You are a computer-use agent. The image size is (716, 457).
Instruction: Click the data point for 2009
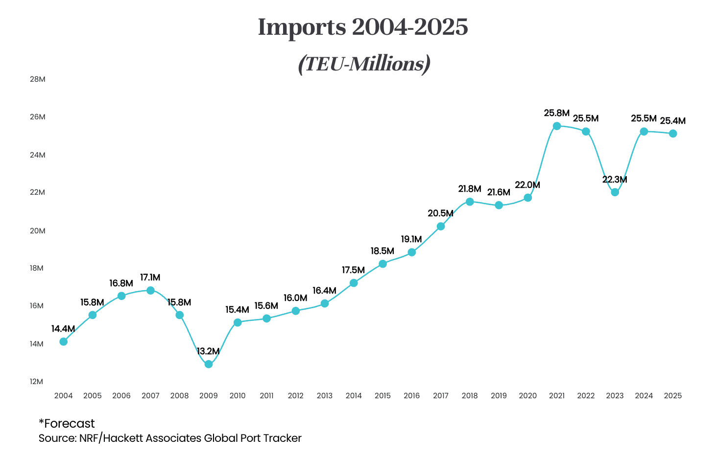(x=209, y=364)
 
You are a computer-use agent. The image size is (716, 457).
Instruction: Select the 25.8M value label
(x=557, y=113)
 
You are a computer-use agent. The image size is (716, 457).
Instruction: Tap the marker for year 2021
(x=557, y=126)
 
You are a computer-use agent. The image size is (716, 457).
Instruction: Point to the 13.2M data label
(x=208, y=351)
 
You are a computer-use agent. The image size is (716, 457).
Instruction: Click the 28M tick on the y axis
(x=38, y=79)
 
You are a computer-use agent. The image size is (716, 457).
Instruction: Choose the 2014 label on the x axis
(x=354, y=396)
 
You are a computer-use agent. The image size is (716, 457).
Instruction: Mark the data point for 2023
(x=615, y=192)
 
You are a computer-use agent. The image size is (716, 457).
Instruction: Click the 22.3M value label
(x=615, y=180)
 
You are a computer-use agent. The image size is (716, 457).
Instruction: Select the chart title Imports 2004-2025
(x=363, y=27)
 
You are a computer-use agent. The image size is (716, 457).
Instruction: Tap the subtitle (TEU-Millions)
(x=364, y=64)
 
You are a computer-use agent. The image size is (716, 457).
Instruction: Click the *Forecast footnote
(x=67, y=423)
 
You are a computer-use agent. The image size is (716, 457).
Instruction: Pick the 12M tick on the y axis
(x=37, y=382)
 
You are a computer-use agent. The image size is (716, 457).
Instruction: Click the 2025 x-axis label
(x=673, y=396)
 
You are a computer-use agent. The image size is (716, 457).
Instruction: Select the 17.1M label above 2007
(x=150, y=277)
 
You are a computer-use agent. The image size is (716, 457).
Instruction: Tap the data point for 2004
(x=63, y=342)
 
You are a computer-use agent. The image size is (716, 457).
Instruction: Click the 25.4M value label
(x=673, y=121)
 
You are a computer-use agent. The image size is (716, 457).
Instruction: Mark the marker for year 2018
(x=470, y=202)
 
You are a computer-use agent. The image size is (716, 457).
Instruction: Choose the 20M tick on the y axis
(x=38, y=231)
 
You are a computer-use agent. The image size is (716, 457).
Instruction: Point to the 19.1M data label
(x=411, y=239)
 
